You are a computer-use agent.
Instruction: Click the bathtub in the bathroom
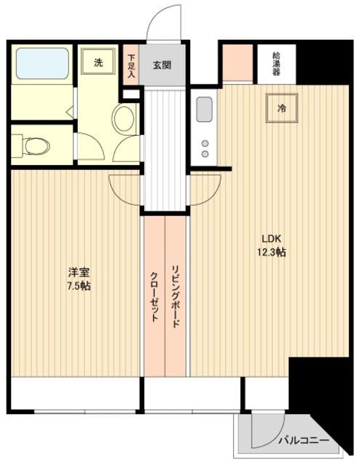tap(42, 63)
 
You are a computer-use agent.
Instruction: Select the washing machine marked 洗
tap(98, 61)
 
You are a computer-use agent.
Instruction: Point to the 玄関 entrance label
tap(162, 65)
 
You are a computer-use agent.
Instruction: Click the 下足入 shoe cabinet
tap(131, 65)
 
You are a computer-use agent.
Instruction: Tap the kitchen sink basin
tap(204, 109)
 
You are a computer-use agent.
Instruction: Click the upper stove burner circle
tap(205, 144)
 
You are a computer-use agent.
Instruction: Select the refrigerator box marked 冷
tap(282, 108)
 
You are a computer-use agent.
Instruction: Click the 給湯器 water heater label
tap(276, 64)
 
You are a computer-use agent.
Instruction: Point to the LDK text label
tap(271, 238)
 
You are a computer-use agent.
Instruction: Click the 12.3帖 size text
tap(271, 252)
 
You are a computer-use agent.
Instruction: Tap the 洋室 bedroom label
tap(79, 272)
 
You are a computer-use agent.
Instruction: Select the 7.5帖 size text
tap(79, 286)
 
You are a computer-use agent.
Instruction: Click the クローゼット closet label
tap(154, 296)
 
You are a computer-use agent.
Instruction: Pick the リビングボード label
tap(176, 296)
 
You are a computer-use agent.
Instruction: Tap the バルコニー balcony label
tap(303, 440)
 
